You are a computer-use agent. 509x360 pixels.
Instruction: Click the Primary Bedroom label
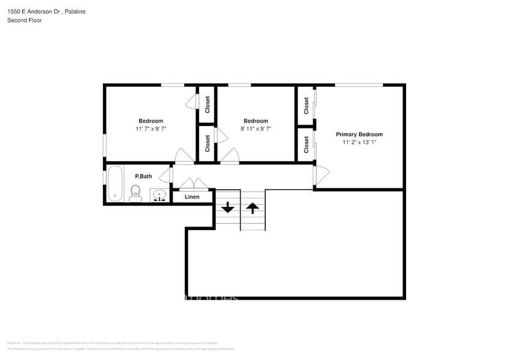pyautogui.click(x=359, y=134)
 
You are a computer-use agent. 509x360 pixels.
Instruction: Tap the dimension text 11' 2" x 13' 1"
pyautogui.click(x=359, y=142)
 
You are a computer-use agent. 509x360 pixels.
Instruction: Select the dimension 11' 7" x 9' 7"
pyautogui.click(x=151, y=129)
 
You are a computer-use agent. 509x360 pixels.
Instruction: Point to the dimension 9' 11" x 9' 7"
pyautogui.click(x=255, y=129)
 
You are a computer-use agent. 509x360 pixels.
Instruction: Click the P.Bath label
pyautogui.click(x=143, y=176)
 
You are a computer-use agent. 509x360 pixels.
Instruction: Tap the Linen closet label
pyautogui.click(x=192, y=197)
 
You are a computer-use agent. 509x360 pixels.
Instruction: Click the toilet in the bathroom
pyautogui.click(x=135, y=193)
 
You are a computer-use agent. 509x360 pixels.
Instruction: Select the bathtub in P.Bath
pyautogui.click(x=115, y=184)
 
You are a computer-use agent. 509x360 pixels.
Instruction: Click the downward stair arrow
pyautogui.click(x=228, y=208)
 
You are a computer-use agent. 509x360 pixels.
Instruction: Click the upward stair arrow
pyautogui.click(x=252, y=208)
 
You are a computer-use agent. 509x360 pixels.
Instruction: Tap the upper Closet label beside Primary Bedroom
pyautogui.click(x=306, y=106)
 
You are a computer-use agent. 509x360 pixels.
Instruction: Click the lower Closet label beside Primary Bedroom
pyautogui.click(x=306, y=144)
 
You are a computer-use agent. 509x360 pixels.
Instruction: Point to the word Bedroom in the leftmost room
pyautogui.click(x=151, y=121)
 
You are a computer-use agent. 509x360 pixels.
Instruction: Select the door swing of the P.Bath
pyautogui.click(x=165, y=176)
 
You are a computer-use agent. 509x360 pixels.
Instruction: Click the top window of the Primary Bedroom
pyautogui.click(x=359, y=84)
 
